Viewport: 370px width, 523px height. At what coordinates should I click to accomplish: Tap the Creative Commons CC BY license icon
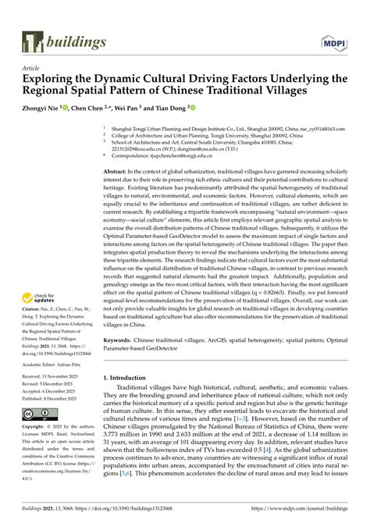(37, 413)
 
